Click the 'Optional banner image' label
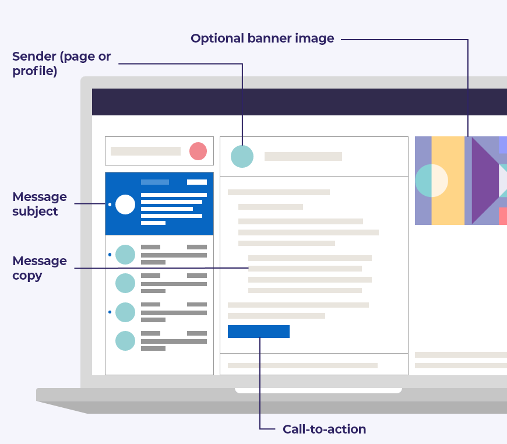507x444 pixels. (262, 39)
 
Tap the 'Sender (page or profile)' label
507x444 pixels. (61, 64)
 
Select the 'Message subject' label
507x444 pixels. (40, 204)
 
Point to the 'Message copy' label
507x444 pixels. (40, 268)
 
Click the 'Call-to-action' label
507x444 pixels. (324, 429)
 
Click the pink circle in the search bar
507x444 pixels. (198, 151)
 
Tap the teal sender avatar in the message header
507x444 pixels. (242, 156)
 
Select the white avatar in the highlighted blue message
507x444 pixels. (125, 205)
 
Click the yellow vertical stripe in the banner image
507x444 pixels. (448, 181)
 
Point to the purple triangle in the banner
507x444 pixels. (484, 181)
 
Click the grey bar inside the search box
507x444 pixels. (146, 151)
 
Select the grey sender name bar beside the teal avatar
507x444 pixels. (303, 156)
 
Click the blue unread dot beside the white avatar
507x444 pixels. (110, 205)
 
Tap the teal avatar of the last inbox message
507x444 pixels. (125, 341)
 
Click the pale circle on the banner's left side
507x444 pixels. (431, 181)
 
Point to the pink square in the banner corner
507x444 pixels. (502, 216)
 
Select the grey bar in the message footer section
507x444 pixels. (302, 365)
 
